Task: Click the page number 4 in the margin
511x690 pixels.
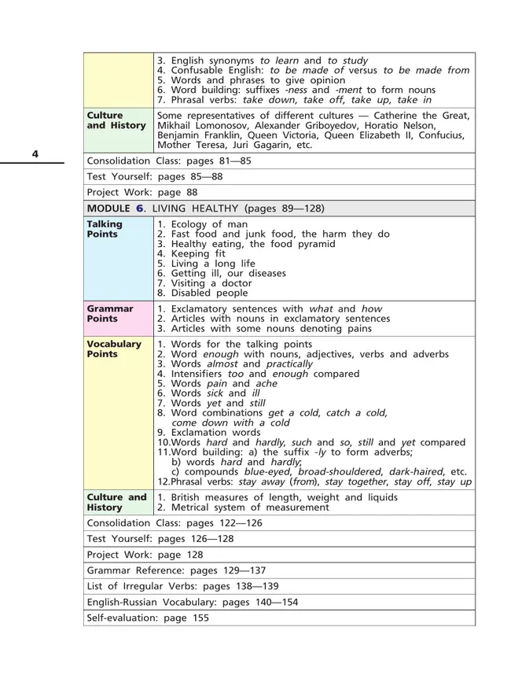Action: [x=35, y=153]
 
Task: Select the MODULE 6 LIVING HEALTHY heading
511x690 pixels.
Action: [x=204, y=208]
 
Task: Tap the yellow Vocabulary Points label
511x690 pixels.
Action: [x=114, y=349]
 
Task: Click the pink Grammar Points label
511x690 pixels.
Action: [x=110, y=314]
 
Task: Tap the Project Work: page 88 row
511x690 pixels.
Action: [x=142, y=192]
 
